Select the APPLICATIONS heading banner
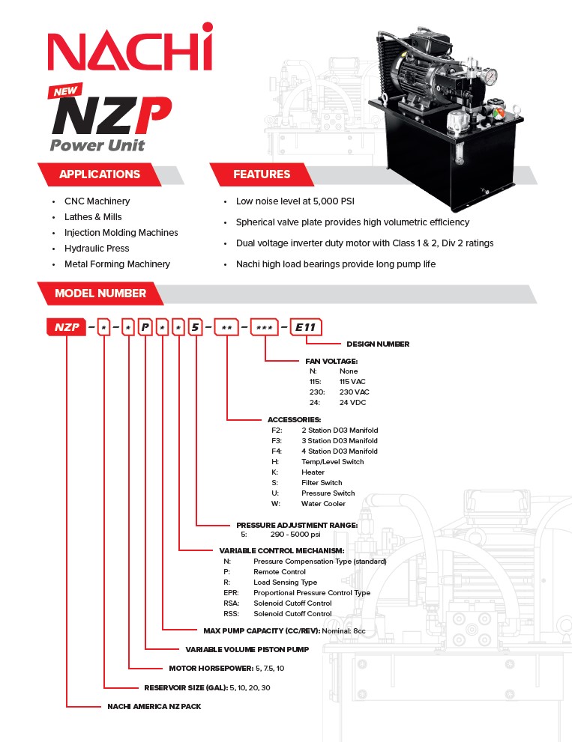click(99, 174)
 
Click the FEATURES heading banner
click(262, 174)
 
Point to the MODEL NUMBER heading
click(100, 293)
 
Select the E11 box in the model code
click(306, 326)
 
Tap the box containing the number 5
click(196, 326)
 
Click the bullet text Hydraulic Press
click(97, 248)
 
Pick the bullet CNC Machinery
click(97, 201)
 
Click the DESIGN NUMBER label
click(378, 344)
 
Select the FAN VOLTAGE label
click(331, 361)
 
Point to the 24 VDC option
click(354, 403)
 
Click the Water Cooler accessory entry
click(323, 504)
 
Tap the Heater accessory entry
click(313, 472)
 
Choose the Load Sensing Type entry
click(285, 583)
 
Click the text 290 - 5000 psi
click(295, 535)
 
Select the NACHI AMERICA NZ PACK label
click(154, 706)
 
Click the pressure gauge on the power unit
click(491, 77)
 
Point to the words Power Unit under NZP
click(97, 145)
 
